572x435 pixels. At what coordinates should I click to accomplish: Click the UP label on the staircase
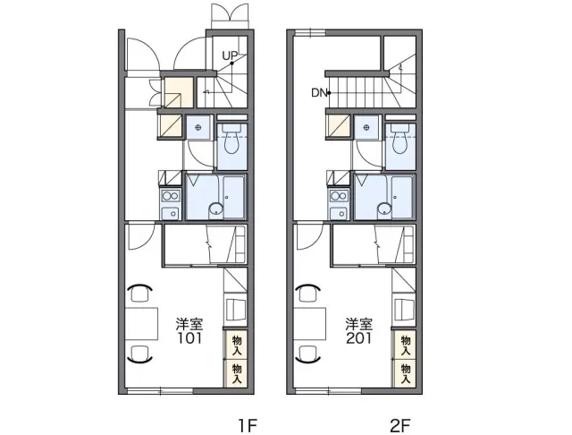pos(230,55)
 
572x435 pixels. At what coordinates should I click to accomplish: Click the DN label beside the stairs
pos(319,93)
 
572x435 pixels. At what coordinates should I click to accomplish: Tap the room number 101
pos(189,338)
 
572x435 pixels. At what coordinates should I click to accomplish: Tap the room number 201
pos(359,338)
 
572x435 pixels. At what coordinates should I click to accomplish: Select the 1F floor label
pos(248,426)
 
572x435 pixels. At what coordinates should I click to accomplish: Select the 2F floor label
pos(400,426)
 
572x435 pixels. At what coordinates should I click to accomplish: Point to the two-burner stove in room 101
pos(171,197)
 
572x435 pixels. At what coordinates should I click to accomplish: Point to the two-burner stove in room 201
pos(339,197)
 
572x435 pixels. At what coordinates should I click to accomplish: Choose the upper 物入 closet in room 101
pos(236,345)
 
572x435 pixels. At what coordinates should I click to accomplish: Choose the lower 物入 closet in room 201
pos(405,373)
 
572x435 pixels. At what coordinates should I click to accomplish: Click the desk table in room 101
pos(141,324)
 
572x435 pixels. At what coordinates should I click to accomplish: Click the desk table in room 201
pos(310,324)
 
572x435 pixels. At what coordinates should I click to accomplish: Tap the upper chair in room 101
pos(139,292)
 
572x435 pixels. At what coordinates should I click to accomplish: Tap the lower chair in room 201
pos(308,354)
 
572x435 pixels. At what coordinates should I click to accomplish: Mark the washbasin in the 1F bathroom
pos(216,210)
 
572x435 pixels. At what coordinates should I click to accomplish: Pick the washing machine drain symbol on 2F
pos(366,127)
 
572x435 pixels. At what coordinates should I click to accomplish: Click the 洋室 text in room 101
pos(189,324)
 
